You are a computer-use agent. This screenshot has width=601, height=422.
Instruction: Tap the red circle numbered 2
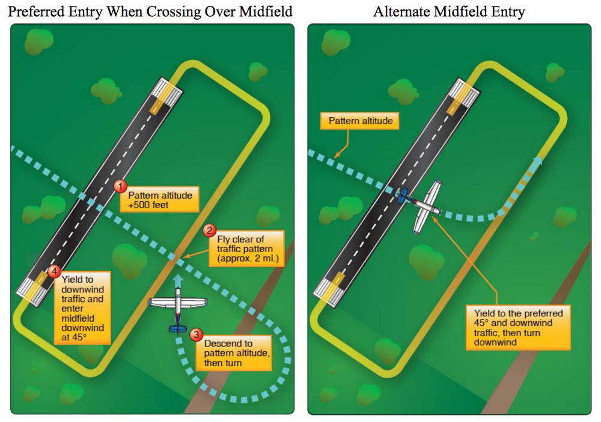[209, 231]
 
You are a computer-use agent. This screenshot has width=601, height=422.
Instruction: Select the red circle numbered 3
[197, 334]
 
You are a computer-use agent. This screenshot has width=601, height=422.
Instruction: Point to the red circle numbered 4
[55, 272]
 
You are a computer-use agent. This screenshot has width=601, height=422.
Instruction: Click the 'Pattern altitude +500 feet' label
[159, 199]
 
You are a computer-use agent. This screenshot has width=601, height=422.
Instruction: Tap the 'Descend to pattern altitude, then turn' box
[236, 354]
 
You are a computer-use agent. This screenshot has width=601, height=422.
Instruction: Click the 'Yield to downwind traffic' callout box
[85, 307]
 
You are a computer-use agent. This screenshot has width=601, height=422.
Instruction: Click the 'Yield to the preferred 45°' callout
[517, 327]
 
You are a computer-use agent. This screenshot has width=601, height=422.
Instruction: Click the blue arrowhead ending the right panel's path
[537, 160]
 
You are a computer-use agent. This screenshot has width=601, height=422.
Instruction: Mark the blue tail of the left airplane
[177, 328]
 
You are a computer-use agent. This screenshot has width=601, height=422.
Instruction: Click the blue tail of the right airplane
[404, 194]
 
